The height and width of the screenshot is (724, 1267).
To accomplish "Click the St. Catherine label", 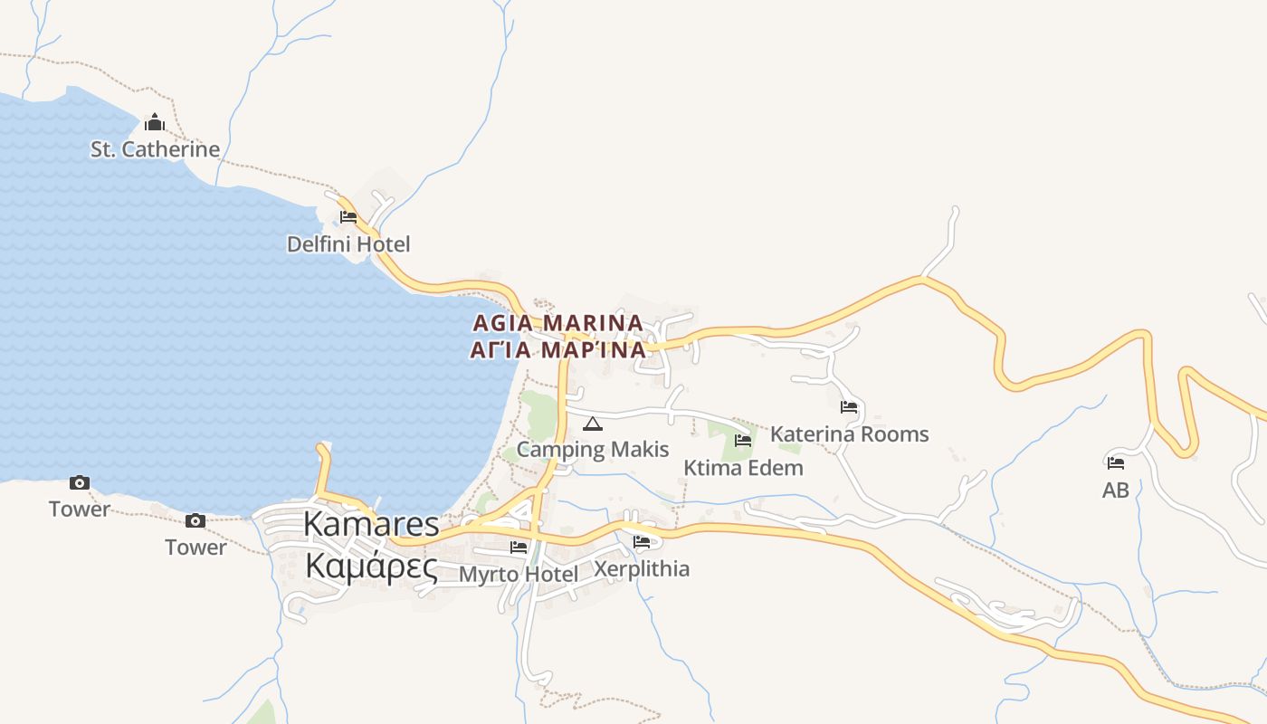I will [155, 149].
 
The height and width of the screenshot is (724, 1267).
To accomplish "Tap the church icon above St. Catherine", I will [155, 122].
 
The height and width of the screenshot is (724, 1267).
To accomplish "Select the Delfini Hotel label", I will [348, 244].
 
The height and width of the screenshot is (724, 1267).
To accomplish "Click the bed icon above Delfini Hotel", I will [348, 217].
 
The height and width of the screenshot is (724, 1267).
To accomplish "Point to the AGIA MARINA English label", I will [558, 323].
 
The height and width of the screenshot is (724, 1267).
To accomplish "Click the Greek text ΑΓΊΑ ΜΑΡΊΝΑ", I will [558, 350].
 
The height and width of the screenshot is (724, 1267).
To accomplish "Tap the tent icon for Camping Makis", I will [593, 424].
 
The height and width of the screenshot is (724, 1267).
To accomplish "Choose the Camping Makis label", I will [593, 449].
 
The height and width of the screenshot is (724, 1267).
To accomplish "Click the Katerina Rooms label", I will [849, 434].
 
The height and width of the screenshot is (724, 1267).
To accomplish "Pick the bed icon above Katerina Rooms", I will [849, 407].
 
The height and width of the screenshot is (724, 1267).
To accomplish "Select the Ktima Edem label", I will [743, 468].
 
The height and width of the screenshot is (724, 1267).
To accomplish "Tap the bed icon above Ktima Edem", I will [743, 441].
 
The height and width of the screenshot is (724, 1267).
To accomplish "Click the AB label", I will [1116, 491].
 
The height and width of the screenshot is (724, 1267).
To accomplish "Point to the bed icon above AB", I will [1116, 463].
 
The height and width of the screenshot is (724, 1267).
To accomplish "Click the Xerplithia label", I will [642, 569].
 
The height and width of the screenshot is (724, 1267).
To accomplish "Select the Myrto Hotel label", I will [519, 575].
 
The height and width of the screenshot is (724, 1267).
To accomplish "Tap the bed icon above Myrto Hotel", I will [519, 548].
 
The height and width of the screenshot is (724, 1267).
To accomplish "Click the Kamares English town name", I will [371, 524].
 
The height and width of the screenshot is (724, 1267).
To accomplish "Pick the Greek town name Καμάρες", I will [371, 566].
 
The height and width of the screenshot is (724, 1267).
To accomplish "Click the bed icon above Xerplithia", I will [642, 542].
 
